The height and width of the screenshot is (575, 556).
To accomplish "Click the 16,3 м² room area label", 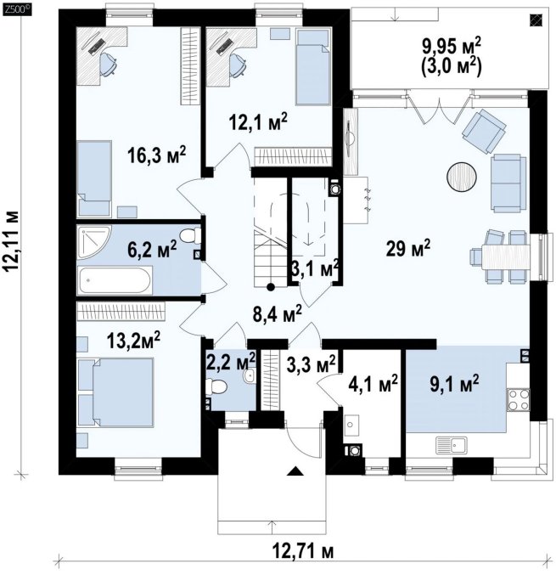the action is (157, 155).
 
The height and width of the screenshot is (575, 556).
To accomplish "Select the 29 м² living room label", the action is (408, 248).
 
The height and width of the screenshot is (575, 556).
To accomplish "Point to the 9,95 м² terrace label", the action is (452, 47).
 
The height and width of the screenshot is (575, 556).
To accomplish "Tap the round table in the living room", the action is (462, 177).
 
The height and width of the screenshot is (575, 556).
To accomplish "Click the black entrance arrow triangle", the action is (295, 471).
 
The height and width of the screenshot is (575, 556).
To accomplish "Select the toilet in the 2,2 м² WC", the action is (216, 386).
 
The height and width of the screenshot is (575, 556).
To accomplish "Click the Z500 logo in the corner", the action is (17, 9).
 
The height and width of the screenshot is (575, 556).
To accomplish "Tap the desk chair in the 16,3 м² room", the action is (108, 65).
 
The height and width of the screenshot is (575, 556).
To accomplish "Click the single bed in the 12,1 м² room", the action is (312, 67).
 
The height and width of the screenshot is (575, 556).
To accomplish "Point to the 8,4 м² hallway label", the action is (277, 314).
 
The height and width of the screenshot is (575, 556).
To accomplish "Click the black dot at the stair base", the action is (271, 287).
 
